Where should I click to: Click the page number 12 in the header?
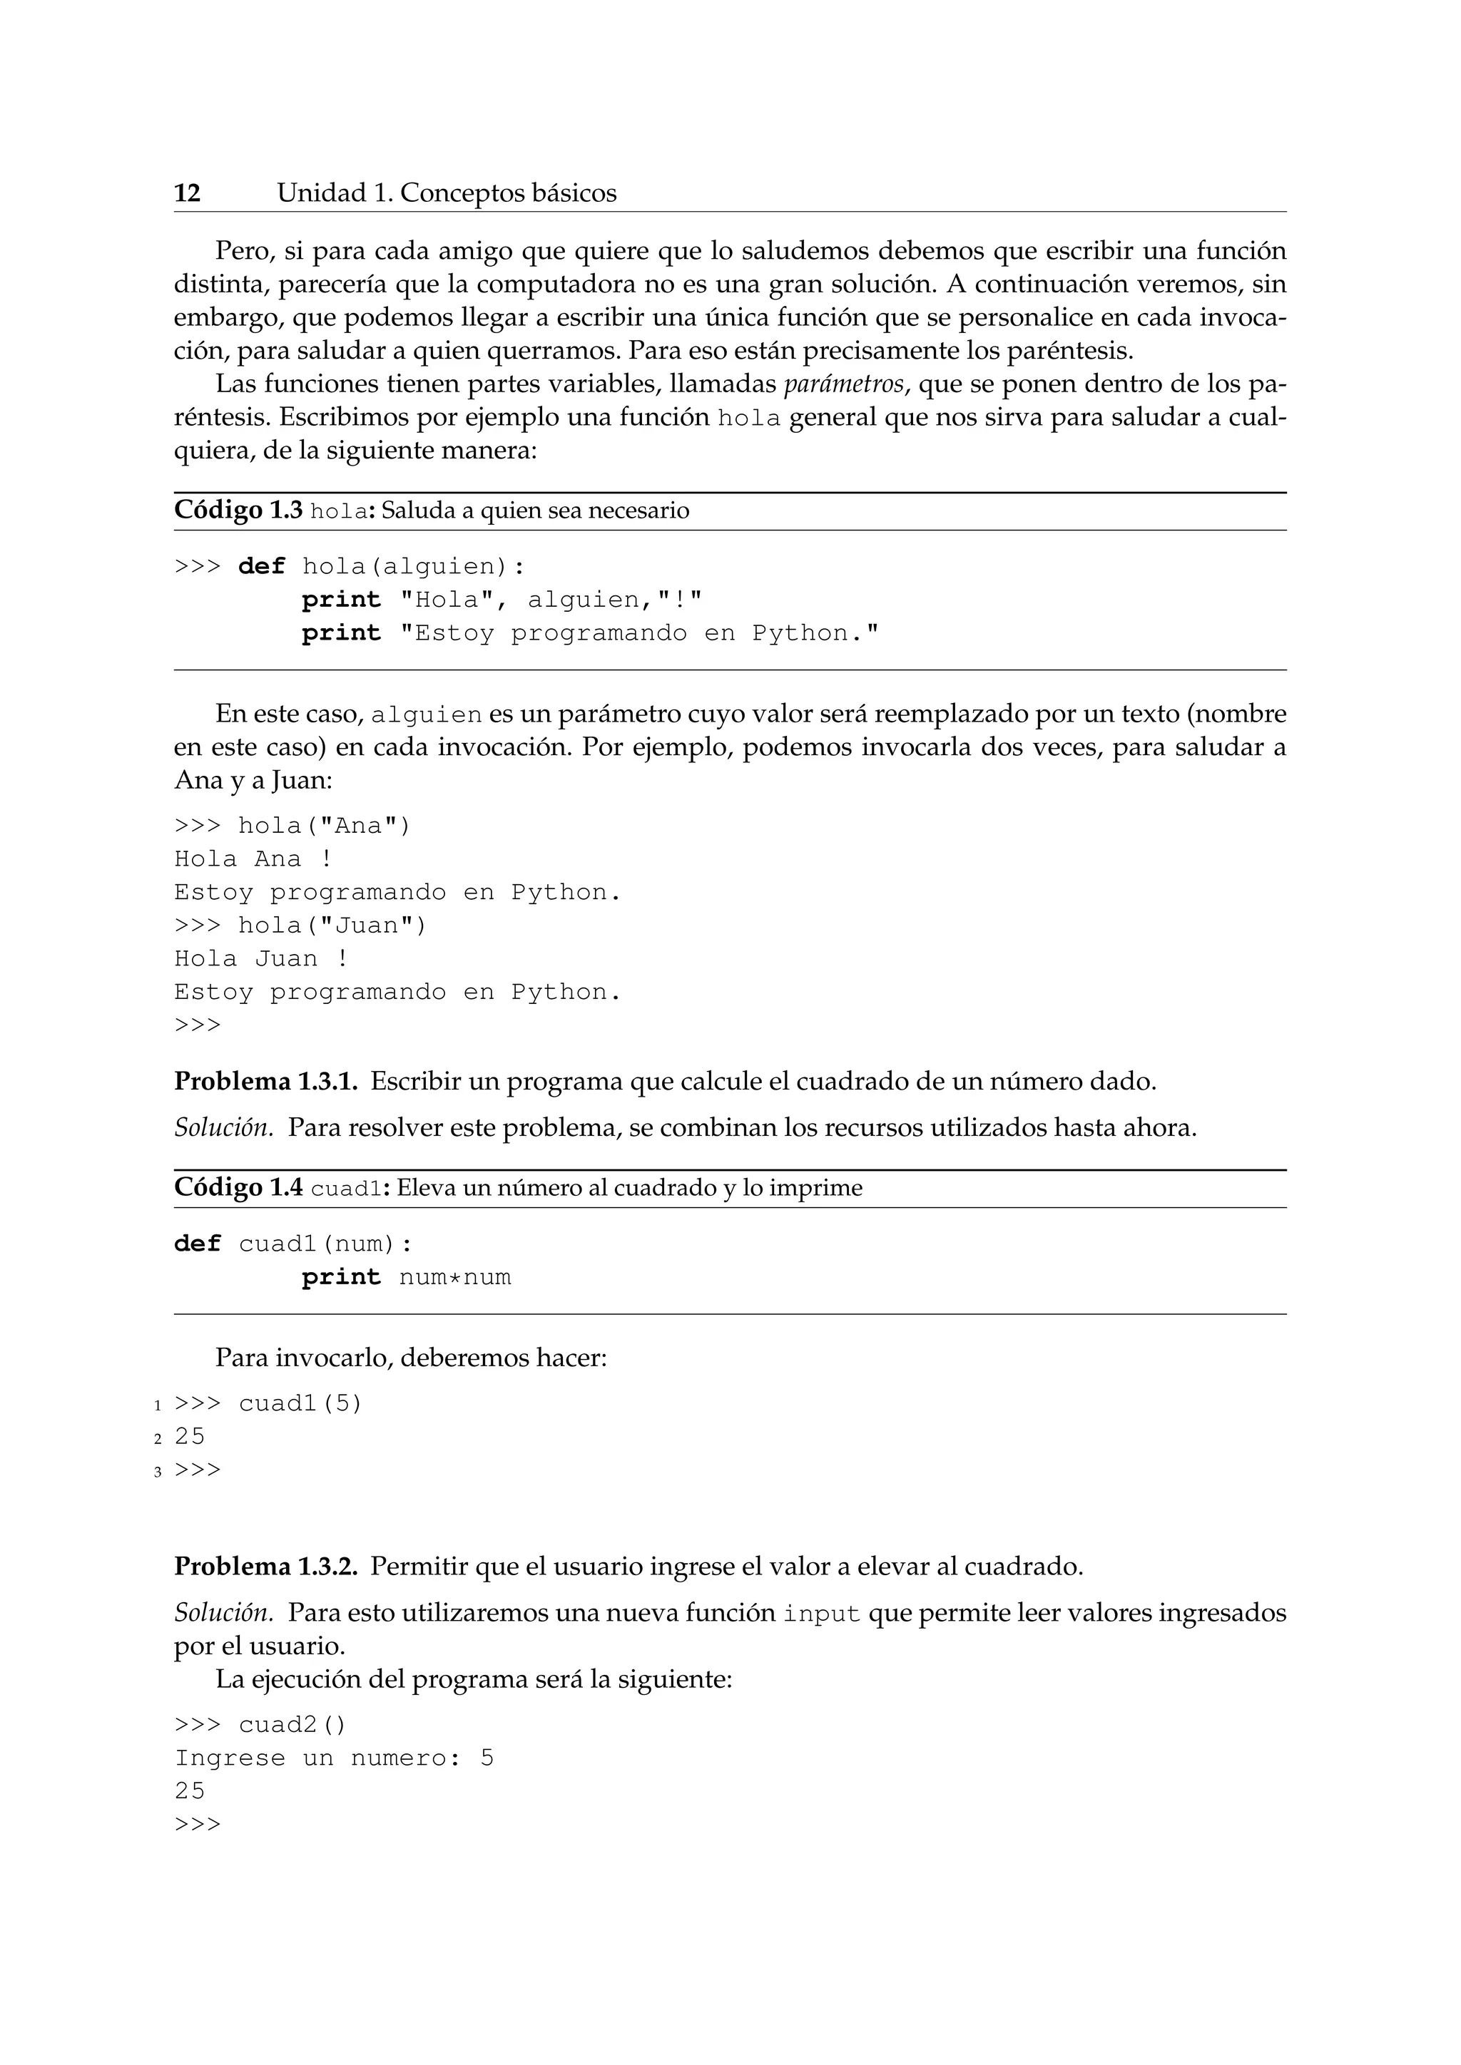pos(187,193)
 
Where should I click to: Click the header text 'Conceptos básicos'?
pos(509,193)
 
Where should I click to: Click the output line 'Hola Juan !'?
pos(261,959)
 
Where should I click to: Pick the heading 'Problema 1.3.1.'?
pos(265,1081)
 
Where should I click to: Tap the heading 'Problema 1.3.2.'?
pos(265,1567)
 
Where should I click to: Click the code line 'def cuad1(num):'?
pos(293,1244)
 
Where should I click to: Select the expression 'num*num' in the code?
pos(455,1277)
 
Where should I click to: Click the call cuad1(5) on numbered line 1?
pos(300,1404)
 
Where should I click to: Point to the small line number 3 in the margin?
pos(158,1472)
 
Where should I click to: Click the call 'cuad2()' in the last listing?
pos(292,1725)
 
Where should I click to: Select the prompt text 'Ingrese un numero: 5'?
pos(334,1758)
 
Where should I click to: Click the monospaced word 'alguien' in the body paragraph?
pos(427,715)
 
